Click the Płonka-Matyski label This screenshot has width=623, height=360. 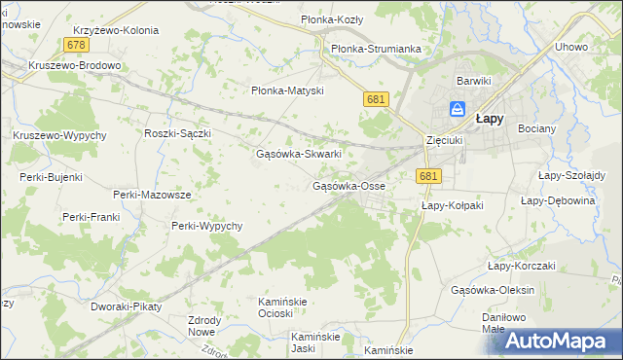[287, 90]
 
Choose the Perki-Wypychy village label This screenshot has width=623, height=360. [205, 226]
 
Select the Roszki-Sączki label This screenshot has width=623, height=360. [177, 133]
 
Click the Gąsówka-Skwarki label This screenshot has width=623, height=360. [298, 154]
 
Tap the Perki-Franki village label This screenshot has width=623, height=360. [91, 216]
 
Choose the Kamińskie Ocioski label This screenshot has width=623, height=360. [282, 306]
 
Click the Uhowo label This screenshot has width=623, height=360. [571, 47]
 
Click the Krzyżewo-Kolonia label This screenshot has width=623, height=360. [115, 30]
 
